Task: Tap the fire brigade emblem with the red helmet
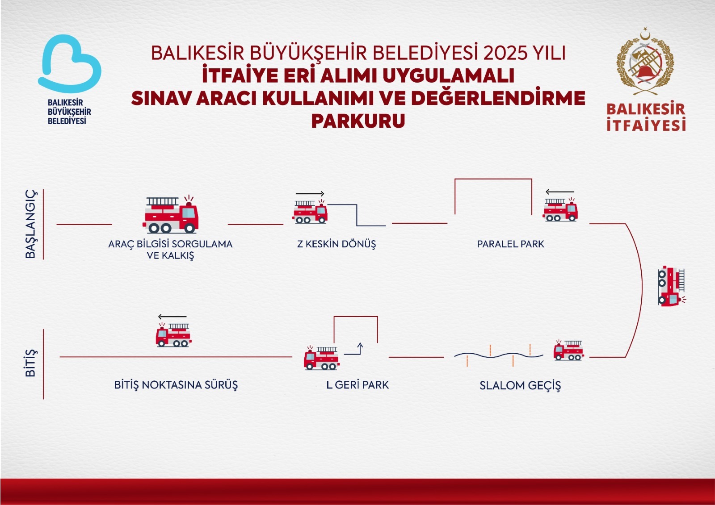[x=645, y=62]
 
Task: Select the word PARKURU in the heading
[x=358, y=121]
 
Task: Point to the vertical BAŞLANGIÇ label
[x=31, y=224]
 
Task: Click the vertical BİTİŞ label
[x=31, y=363]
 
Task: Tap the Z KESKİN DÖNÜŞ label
[x=336, y=244]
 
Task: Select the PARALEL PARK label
[x=510, y=244]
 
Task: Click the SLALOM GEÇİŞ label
[x=520, y=386]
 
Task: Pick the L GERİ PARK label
[x=357, y=385]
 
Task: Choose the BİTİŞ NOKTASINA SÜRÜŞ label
[x=176, y=385]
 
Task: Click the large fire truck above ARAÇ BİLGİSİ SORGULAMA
[x=170, y=214]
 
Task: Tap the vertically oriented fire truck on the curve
[x=671, y=286]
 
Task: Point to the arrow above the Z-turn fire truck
[x=310, y=194]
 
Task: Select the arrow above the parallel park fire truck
[x=560, y=192]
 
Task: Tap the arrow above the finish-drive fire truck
[x=172, y=317]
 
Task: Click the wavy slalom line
[x=499, y=355]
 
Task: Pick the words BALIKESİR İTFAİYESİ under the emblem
[x=646, y=117]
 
